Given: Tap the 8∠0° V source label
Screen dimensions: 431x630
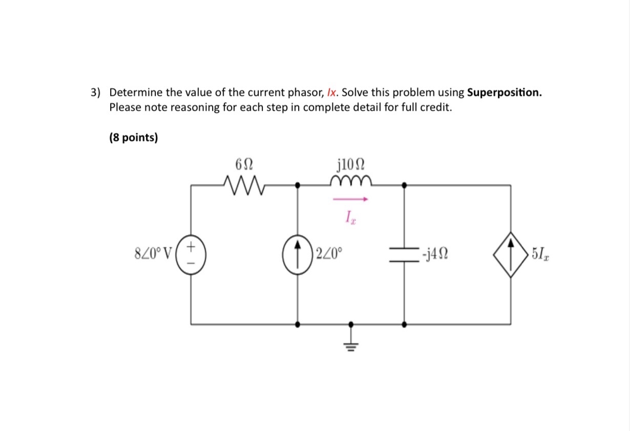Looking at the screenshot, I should coord(152,254).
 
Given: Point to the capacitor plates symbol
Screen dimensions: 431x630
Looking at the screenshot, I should coord(404,254).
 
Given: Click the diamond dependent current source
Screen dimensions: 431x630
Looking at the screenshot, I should coord(511,254).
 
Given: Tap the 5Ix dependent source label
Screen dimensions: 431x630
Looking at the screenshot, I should coord(540,254).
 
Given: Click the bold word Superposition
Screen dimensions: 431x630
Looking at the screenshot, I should coord(504,93).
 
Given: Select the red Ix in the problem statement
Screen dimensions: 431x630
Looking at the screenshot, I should coord(332,93).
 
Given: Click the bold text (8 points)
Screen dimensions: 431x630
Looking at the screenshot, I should coord(134,138).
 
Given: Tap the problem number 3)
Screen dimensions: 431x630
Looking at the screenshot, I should coord(96,93).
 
